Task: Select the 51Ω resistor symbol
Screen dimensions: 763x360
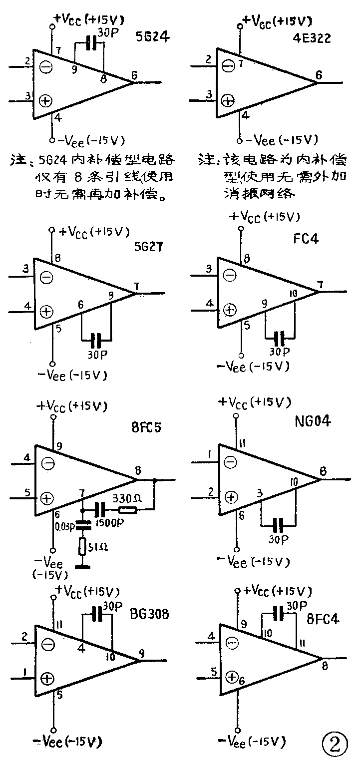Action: pyautogui.click(x=83, y=546)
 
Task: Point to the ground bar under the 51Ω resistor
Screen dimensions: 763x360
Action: pyautogui.click(x=83, y=567)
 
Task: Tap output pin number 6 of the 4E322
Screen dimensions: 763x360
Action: pyautogui.click(x=319, y=75)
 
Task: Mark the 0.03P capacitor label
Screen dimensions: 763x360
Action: pyautogui.click(x=63, y=525)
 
